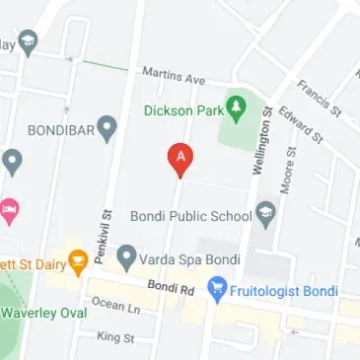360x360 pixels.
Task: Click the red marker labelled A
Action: point(180,158)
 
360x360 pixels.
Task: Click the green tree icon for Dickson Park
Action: point(237,105)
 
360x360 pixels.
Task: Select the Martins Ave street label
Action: point(173,74)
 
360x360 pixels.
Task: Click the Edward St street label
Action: point(301,126)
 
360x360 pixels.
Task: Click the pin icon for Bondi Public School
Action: point(265,213)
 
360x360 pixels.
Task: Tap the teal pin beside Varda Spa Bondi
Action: point(126,258)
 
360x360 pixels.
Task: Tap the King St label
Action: point(115,337)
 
